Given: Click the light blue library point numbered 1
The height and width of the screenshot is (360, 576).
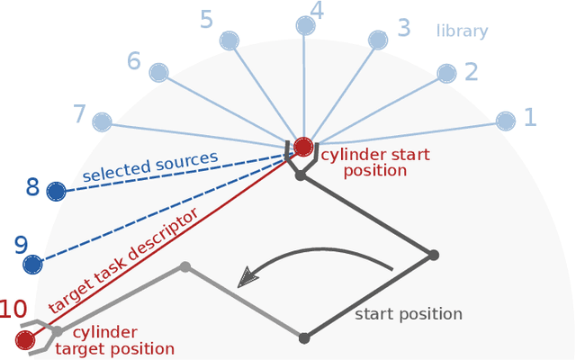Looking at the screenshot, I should point(506,121).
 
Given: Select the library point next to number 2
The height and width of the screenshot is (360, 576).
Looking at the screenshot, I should point(446,73).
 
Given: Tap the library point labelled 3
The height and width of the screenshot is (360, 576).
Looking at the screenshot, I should point(378,40).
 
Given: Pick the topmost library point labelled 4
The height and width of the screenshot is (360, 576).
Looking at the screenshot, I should point(306,25).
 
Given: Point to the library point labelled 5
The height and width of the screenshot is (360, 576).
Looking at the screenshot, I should point(229,40).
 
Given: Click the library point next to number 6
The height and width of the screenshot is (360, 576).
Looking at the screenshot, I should point(158,73).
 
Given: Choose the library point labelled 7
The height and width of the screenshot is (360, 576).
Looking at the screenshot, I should point(102,121).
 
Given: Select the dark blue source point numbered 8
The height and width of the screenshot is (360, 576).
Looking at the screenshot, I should point(56,191).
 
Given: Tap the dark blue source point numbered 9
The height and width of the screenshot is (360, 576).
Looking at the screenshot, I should point(32,265).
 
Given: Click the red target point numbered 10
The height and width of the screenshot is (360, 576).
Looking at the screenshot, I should point(25,339).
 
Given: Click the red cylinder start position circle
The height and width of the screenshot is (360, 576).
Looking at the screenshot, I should point(303,146).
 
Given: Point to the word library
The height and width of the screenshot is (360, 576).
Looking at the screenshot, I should point(462,31).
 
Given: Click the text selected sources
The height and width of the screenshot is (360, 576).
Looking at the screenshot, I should point(150,167).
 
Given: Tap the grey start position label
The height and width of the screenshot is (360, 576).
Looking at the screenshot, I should point(409,314).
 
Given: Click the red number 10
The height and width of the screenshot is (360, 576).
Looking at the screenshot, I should point(12,310).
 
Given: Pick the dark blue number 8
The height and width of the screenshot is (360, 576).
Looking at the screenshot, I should point(32,188).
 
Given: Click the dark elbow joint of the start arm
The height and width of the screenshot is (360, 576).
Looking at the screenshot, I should point(433,256).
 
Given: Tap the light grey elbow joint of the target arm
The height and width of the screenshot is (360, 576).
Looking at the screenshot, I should point(184,266).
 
